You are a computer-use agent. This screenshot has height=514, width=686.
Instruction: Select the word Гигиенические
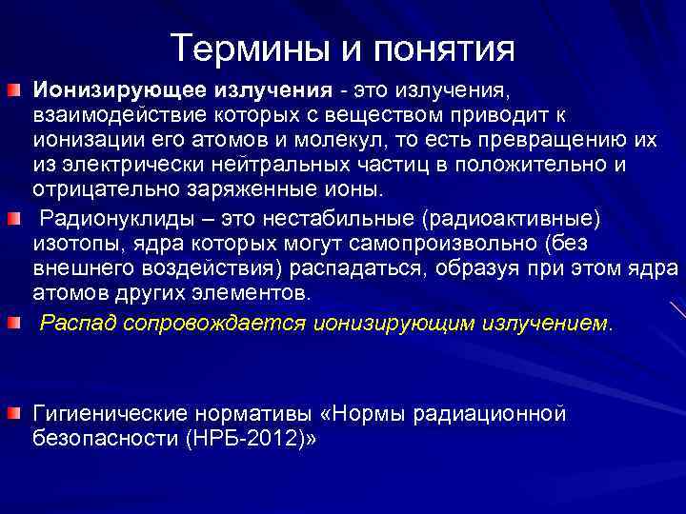[111, 414]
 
